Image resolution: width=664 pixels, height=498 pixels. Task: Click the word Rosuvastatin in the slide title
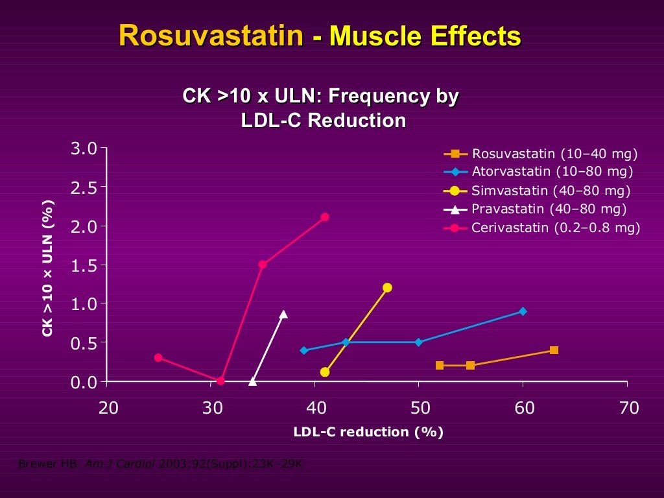[x=211, y=36]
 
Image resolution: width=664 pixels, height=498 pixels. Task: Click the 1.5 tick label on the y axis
[x=84, y=265]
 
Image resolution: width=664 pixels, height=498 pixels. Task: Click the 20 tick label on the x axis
[x=108, y=408]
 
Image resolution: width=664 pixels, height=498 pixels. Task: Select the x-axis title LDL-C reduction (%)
[x=368, y=432]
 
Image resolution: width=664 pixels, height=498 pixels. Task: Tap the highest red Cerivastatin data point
[x=325, y=217]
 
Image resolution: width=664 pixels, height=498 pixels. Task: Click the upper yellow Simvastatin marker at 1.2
[x=387, y=287]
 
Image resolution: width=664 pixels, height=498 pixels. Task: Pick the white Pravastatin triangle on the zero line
[x=252, y=381]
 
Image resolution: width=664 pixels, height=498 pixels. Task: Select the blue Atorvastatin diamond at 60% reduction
[x=523, y=311]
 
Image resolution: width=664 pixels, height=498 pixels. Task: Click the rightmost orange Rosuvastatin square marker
[x=554, y=350]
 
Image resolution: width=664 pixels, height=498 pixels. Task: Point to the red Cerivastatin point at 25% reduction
[x=158, y=358]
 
